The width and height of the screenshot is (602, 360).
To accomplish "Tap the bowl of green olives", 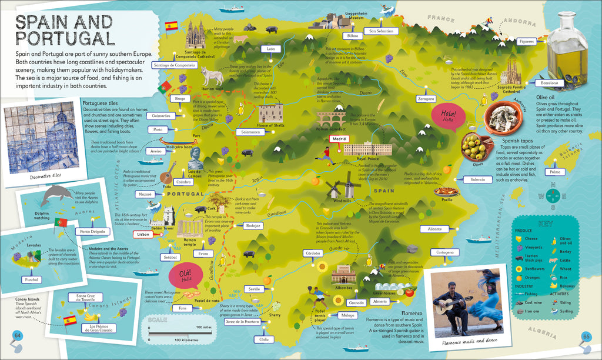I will coord(473,146).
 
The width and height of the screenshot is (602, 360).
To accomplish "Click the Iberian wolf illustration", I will coord(212,75).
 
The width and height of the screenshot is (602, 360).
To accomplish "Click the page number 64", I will coord(17,336).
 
